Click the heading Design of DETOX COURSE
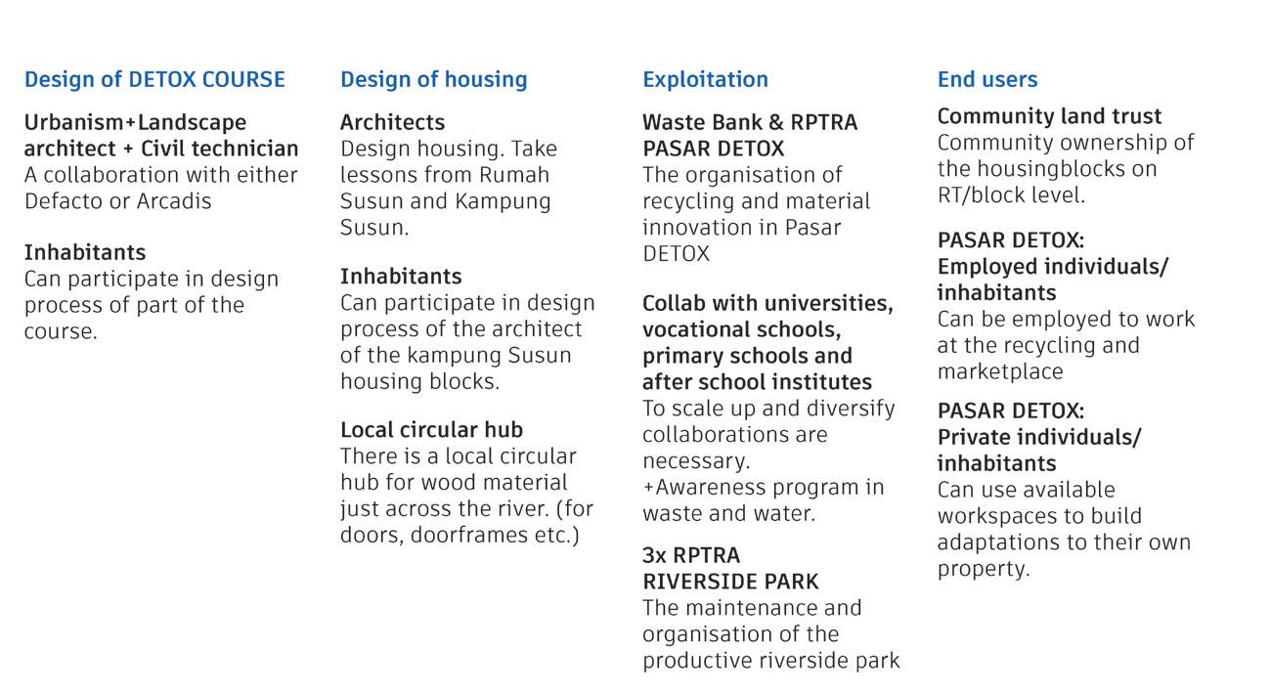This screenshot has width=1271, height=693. [154, 79]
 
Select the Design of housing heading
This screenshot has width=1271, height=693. [433, 79]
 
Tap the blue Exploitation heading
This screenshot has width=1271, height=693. [705, 79]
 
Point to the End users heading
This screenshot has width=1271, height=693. [986, 79]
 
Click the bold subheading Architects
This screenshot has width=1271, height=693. [392, 122]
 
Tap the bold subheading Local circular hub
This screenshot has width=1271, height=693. [431, 430]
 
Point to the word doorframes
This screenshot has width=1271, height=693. [473, 536]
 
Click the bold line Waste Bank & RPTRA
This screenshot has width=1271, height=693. [749, 122]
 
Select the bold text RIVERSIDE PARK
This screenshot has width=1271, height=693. [730, 582]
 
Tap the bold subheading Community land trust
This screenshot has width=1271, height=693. [1049, 116]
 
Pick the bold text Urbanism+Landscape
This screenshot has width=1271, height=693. [135, 122]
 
